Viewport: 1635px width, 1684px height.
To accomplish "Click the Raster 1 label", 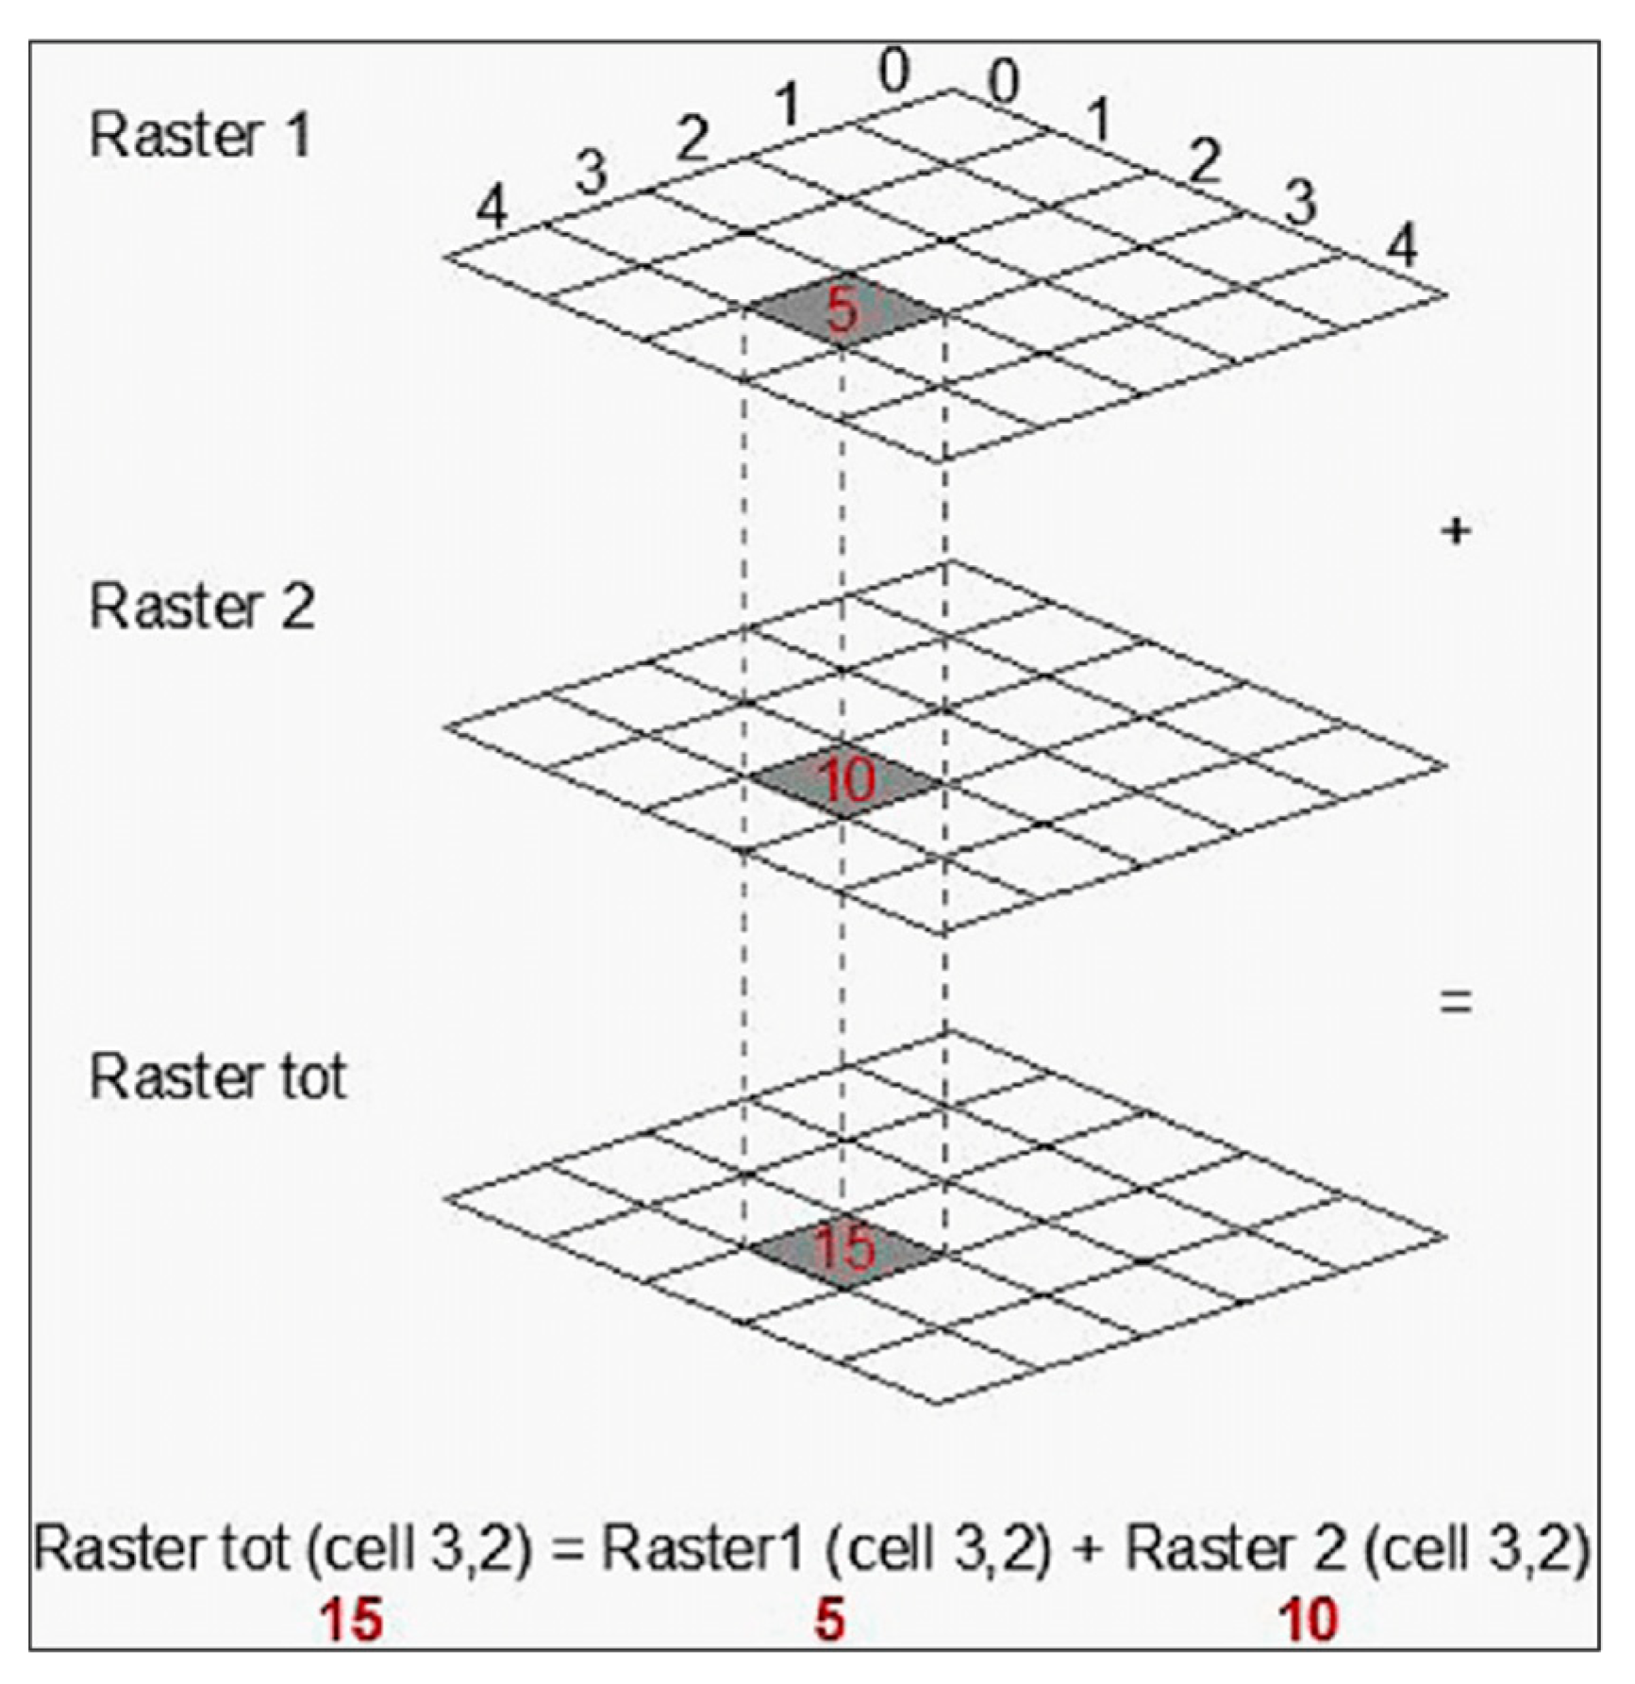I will pyautogui.click(x=199, y=136).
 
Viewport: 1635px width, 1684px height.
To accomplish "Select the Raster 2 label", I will pyautogui.click(x=201, y=607).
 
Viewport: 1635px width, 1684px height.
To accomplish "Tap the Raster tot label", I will pyautogui.click(x=217, y=1076).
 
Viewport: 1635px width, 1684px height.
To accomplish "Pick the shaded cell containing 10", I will pyautogui.click(x=846, y=781).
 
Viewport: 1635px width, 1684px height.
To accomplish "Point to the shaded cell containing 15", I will pyautogui.click(x=844, y=1249).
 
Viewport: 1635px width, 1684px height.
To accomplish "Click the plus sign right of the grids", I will pyautogui.click(x=1456, y=532).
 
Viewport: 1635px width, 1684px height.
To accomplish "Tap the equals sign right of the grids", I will pyautogui.click(x=1456, y=1001).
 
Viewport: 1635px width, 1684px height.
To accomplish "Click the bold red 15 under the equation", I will pyautogui.click(x=351, y=1621).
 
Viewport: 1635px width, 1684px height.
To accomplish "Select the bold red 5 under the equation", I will pyautogui.click(x=828, y=1621).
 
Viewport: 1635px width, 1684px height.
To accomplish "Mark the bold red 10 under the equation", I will pyautogui.click(x=1309, y=1621).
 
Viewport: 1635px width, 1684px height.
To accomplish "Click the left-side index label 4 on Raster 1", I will pyautogui.click(x=491, y=208).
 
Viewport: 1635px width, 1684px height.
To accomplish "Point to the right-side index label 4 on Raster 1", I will pyautogui.click(x=1402, y=247).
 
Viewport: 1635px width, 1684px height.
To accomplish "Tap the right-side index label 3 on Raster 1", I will pyautogui.click(x=1301, y=202).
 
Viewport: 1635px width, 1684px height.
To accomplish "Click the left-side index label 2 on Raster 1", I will pyautogui.click(x=692, y=141).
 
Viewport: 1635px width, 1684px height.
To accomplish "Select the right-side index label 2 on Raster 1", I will pyautogui.click(x=1205, y=160).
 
